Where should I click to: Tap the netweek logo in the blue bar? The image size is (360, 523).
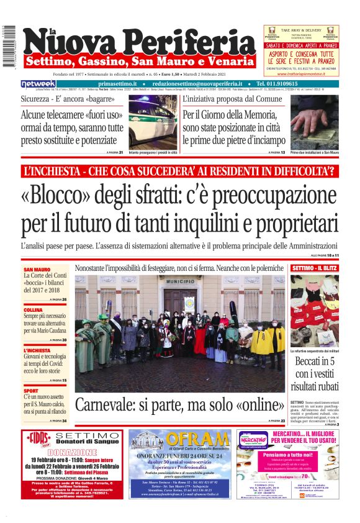[x=39, y=84]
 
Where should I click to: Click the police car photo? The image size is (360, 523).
[x=152, y=122]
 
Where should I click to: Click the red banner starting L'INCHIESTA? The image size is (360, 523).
[x=179, y=170]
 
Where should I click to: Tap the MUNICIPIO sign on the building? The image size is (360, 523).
[x=181, y=281]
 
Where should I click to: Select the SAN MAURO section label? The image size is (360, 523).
[x=37, y=269]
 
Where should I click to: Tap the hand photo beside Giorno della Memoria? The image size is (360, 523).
[x=314, y=121]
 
